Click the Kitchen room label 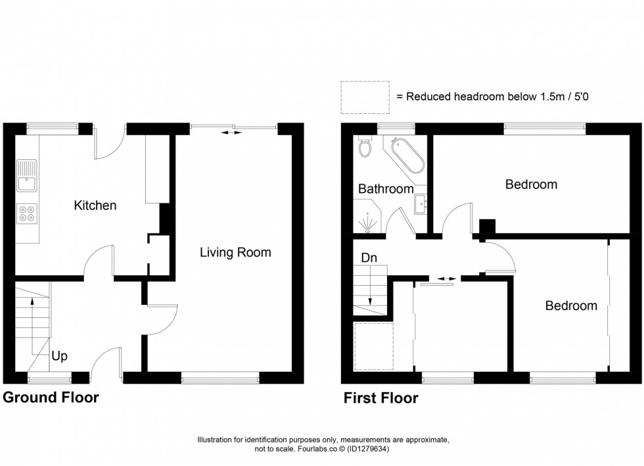[x=95, y=205]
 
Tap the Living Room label [x=235, y=252]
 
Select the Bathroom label [x=385, y=189]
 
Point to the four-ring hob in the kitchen [x=28, y=212]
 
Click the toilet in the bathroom [x=365, y=148]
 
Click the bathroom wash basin [x=420, y=205]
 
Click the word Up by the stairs [x=60, y=356]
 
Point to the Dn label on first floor [x=368, y=259]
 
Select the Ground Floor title [x=51, y=398]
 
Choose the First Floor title [x=380, y=398]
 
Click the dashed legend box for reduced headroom [x=365, y=96]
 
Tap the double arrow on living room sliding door [x=230, y=133]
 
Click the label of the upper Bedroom [x=530, y=184]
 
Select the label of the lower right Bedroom [x=571, y=305]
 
